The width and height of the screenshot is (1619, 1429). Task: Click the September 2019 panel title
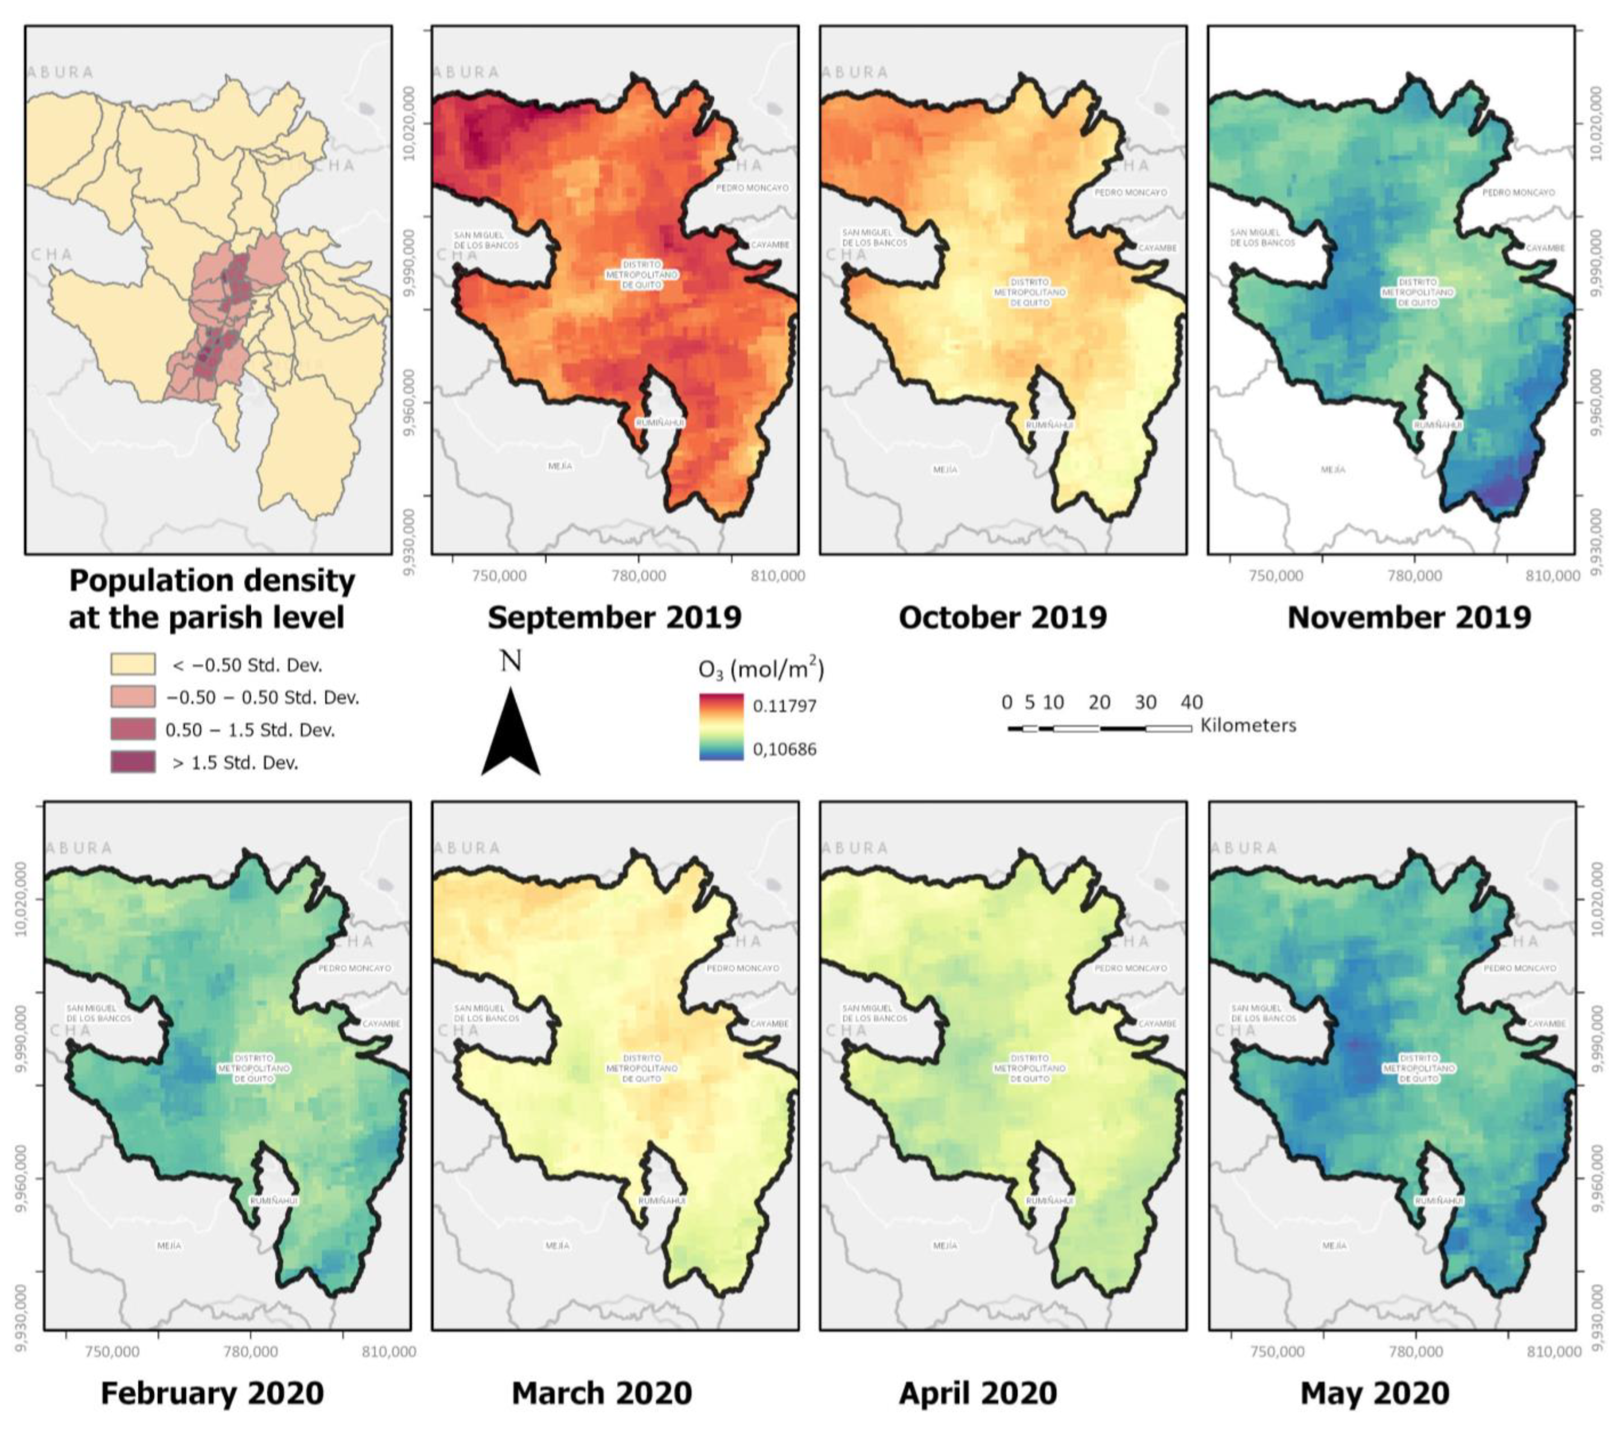[614, 617]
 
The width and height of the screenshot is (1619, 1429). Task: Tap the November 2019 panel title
[1409, 617]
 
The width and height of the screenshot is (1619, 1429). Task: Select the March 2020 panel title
[602, 1393]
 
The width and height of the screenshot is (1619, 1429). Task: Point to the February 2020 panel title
[212, 1393]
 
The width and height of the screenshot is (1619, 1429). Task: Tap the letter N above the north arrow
[511, 660]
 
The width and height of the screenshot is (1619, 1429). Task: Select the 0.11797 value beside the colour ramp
[784, 706]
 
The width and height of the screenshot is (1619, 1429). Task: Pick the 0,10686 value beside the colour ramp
[784, 749]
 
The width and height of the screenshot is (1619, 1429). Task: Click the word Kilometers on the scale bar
[1248, 725]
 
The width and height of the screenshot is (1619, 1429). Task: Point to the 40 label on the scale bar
[1191, 702]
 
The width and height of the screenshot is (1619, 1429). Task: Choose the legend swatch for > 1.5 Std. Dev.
[132, 762]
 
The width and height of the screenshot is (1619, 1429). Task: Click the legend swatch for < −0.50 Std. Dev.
[132, 664]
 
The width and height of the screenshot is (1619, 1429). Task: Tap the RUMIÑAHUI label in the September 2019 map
[660, 423]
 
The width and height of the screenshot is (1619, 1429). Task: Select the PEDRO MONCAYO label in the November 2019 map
[1518, 193]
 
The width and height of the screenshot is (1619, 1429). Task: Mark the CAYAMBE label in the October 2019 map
[1157, 248]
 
